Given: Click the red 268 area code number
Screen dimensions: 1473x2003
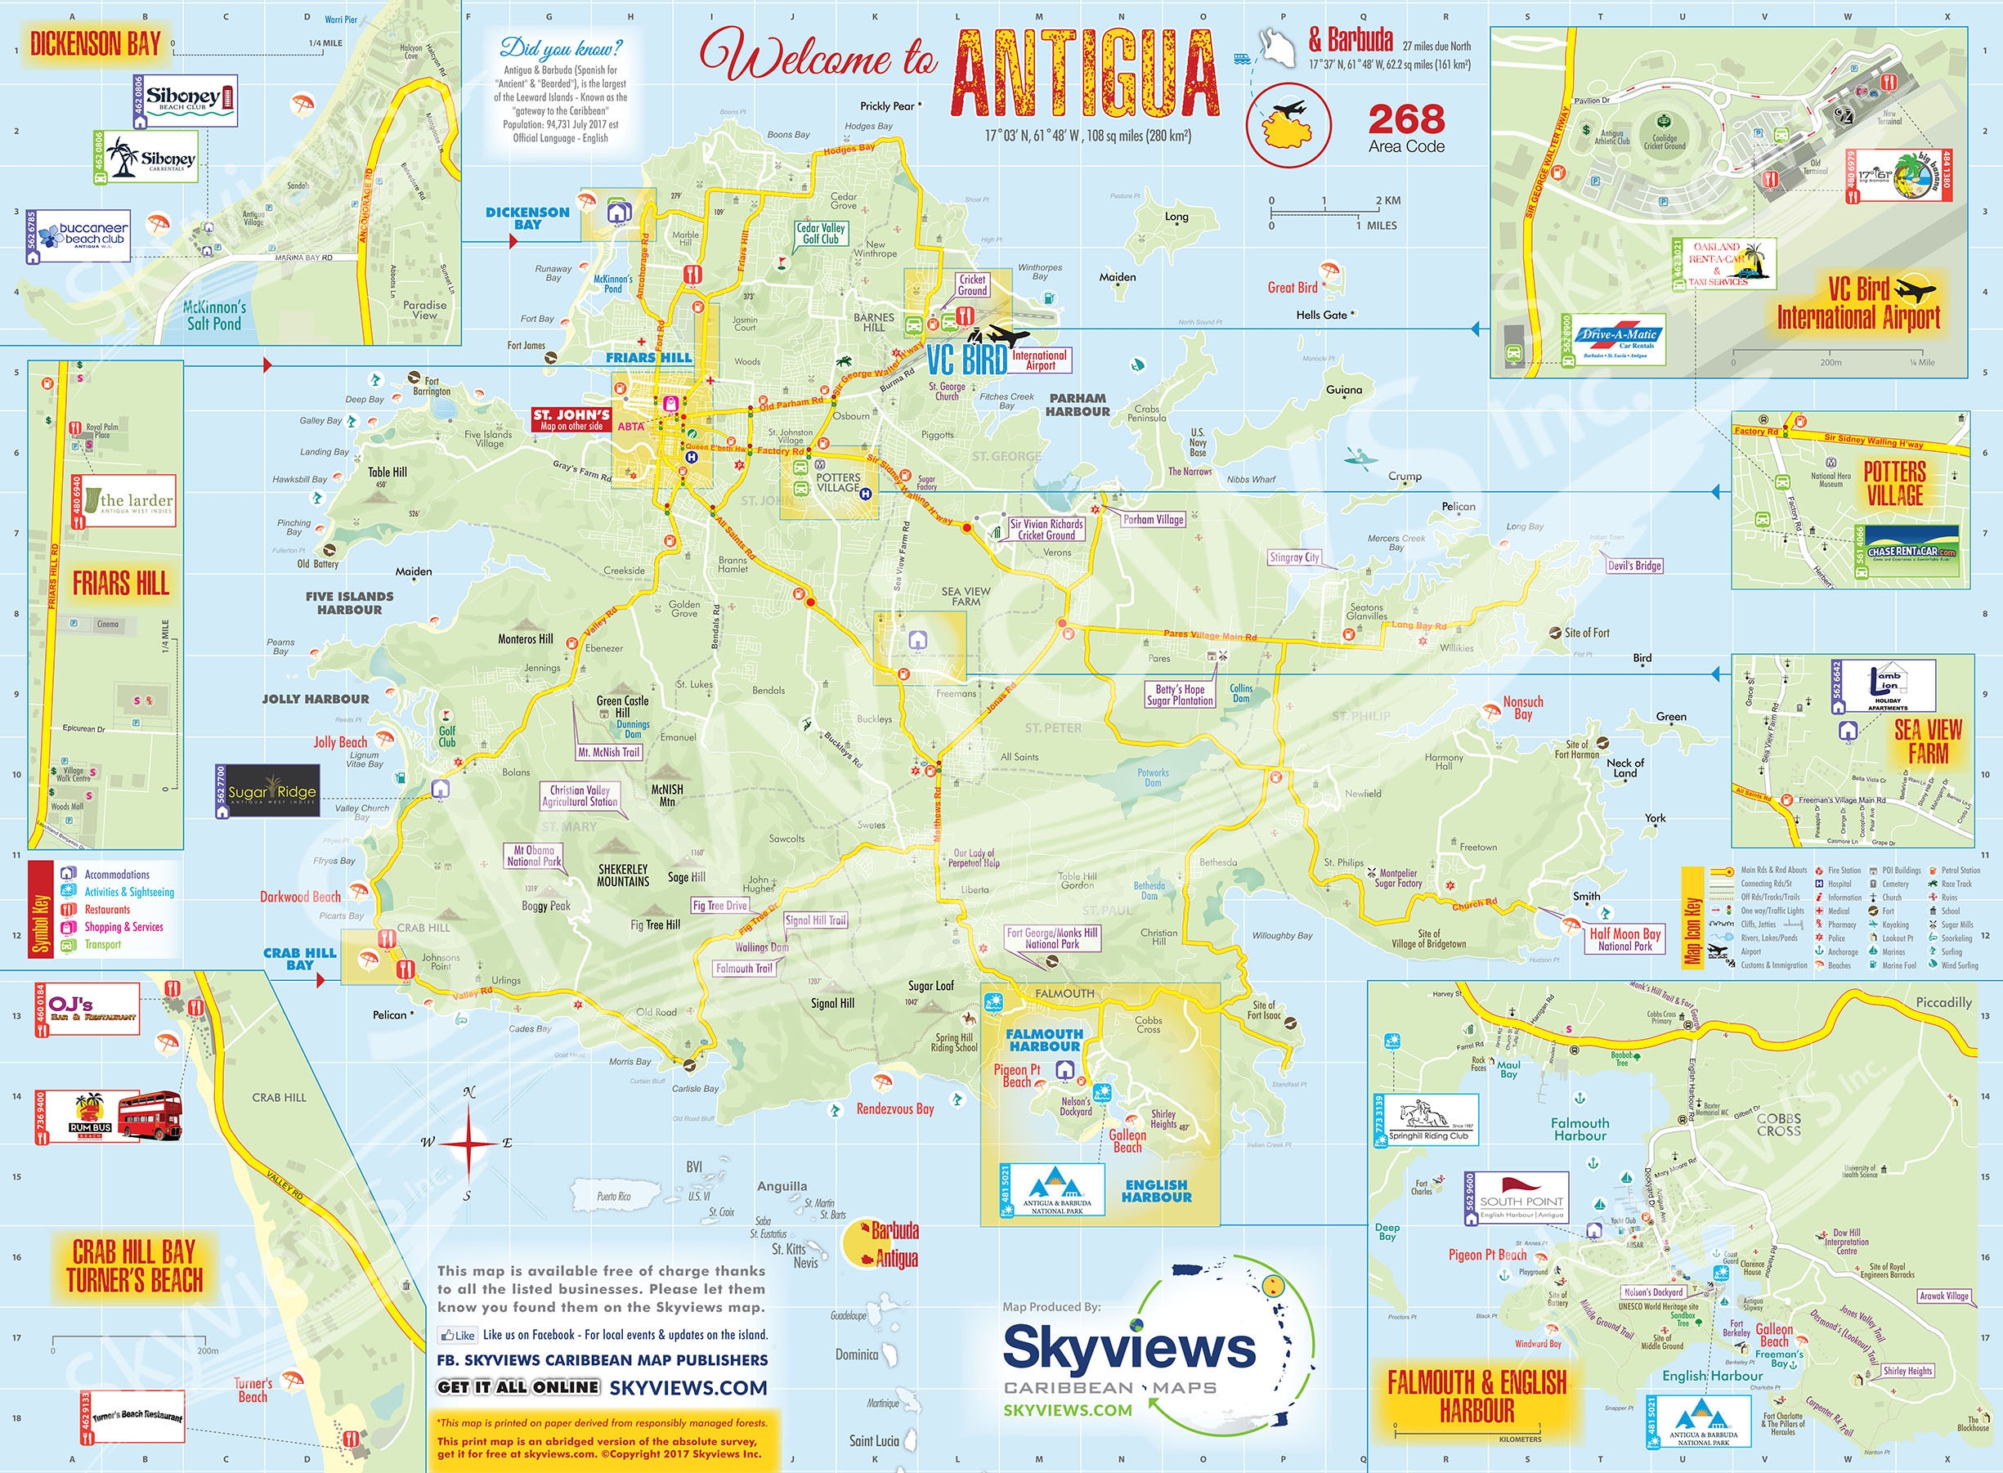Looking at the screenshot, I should pyautogui.click(x=1406, y=119).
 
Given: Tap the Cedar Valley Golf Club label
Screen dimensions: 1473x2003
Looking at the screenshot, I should pyautogui.click(x=821, y=234).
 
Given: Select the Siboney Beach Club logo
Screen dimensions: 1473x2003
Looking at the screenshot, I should pyautogui.click(x=190, y=99).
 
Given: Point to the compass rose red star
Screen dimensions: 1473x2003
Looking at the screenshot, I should pyautogui.click(x=467, y=1143).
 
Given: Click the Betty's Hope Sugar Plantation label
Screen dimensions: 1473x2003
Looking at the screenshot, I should pyautogui.click(x=1180, y=695).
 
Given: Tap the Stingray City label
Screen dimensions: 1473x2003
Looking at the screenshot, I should pyautogui.click(x=1294, y=557).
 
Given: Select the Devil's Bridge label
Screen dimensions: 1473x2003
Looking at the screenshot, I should pyautogui.click(x=1633, y=566).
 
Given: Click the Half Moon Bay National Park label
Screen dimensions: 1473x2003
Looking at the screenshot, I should pyautogui.click(x=1624, y=940).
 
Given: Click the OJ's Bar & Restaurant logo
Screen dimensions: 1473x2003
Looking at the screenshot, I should pyautogui.click(x=92, y=1009).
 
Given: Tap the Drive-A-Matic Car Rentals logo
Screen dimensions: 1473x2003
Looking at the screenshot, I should pyautogui.click(x=1619, y=341).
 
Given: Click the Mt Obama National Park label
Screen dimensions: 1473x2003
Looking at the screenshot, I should pyautogui.click(x=533, y=856).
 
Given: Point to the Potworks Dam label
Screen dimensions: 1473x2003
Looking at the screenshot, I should pyautogui.click(x=1152, y=777).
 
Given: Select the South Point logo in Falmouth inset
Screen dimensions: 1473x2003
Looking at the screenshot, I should pyautogui.click(x=1521, y=1195).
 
